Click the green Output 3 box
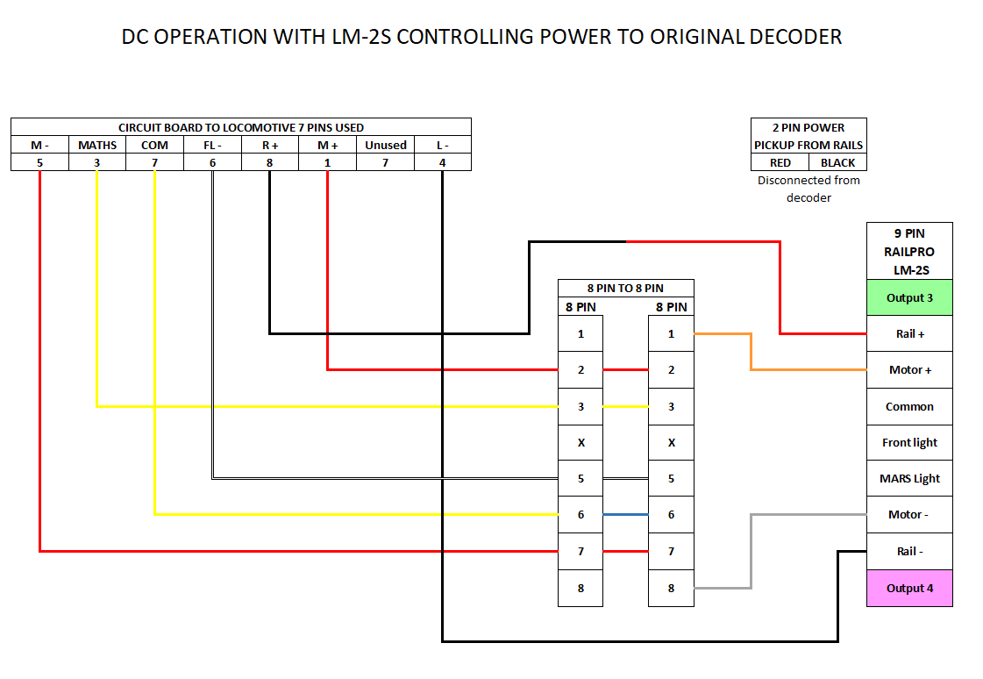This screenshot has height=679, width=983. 909,297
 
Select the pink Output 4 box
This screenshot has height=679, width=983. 909,588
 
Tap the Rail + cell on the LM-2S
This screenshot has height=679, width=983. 909,333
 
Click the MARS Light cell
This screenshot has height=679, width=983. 909,479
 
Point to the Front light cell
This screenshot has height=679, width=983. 909,443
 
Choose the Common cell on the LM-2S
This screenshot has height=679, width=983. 909,406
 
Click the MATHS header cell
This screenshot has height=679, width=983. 97,145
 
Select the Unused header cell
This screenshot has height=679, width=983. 386,145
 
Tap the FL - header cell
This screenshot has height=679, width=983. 212,145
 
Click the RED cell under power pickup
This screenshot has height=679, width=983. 780,162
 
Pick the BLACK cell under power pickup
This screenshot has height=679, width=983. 837,162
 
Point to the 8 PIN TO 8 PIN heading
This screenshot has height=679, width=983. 625,288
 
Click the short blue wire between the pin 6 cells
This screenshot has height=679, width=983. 625,514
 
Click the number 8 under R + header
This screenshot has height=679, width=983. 270,162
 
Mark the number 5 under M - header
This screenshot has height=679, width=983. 40,162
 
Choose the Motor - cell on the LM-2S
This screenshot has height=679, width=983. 909,515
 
